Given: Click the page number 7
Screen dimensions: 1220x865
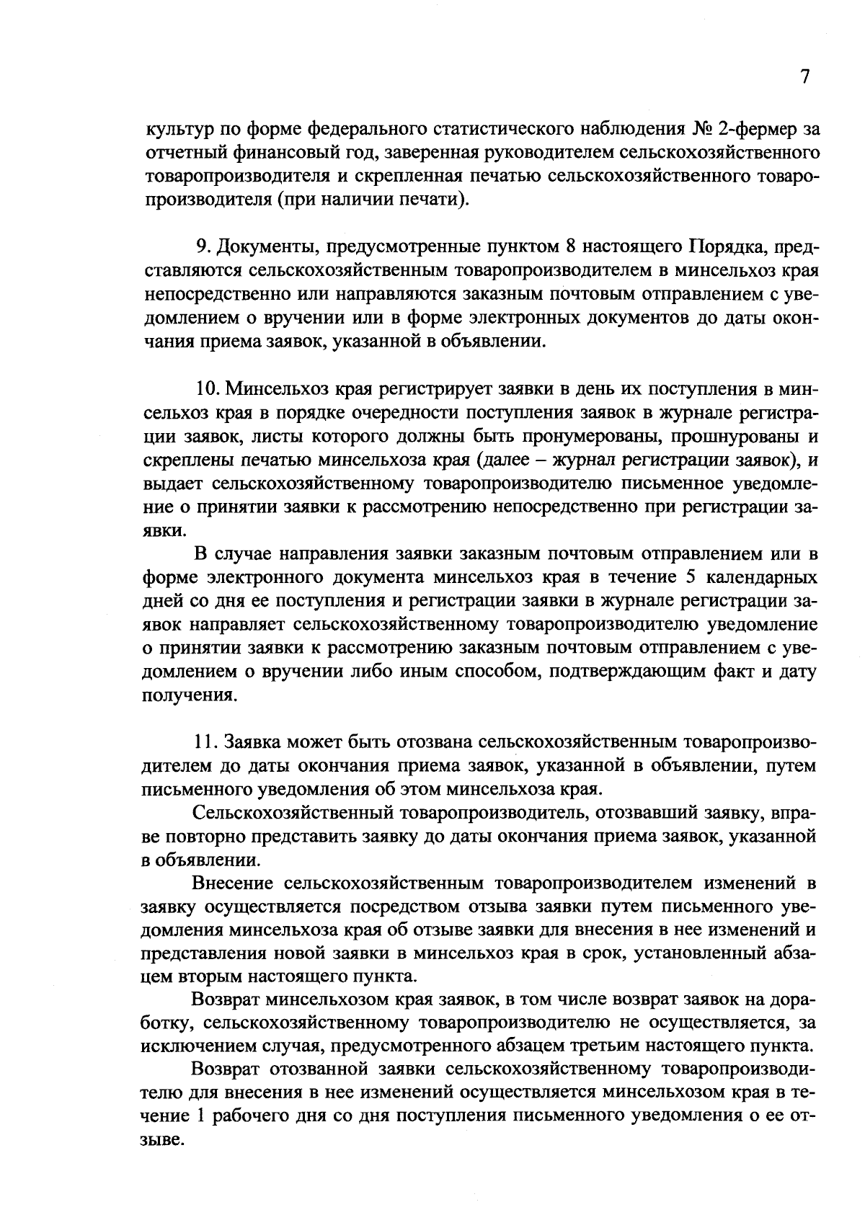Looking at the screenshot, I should coord(805,76).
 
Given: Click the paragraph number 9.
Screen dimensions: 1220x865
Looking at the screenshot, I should coord(203,247).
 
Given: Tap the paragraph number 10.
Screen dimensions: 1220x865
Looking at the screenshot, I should coord(206,389).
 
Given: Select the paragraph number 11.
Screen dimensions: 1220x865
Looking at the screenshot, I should coord(205,742).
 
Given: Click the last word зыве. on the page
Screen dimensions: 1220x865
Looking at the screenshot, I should coord(161,1139).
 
